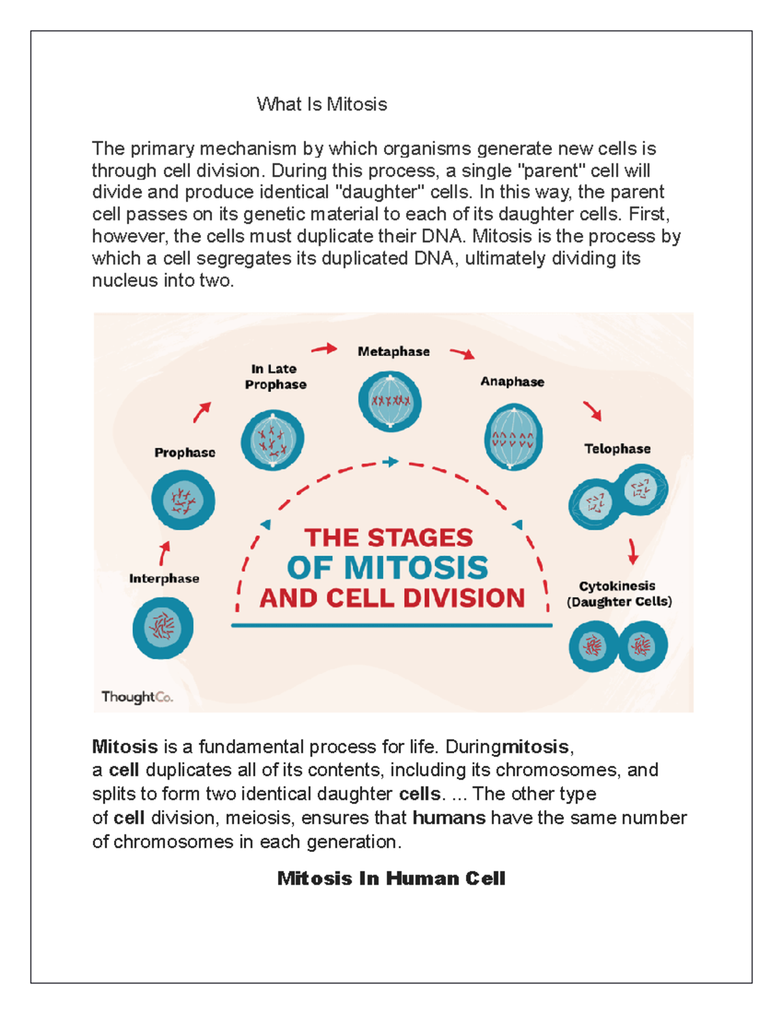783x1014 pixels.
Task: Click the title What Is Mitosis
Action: (322, 104)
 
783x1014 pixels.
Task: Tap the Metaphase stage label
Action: (393, 351)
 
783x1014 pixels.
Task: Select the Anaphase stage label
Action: (512, 381)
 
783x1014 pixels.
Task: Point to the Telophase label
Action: (617, 449)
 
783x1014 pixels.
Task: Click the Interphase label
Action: (164, 578)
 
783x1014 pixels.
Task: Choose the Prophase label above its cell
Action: (185, 452)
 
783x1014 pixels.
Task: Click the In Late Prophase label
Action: (275, 377)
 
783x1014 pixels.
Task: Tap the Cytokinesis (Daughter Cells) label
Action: (619, 594)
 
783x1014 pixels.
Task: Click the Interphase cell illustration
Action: (163, 627)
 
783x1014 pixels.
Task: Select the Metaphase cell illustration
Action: (390, 401)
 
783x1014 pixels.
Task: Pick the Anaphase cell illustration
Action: (513, 437)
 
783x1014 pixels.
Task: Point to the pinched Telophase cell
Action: (618, 496)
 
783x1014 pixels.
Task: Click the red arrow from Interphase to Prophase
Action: (164, 553)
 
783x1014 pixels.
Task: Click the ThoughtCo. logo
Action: (137, 697)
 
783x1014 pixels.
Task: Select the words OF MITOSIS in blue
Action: (388, 567)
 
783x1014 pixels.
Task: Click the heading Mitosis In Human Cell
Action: (391, 878)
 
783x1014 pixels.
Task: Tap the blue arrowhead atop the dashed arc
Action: (391, 462)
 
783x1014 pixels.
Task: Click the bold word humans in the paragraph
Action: (449, 817)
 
